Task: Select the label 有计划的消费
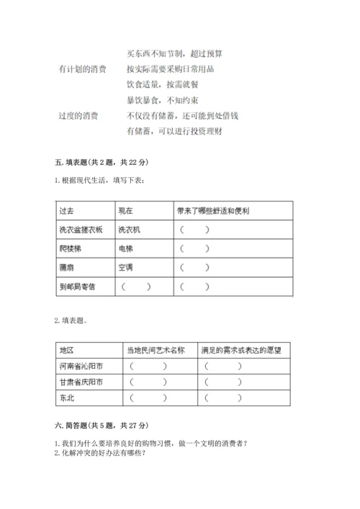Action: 82,69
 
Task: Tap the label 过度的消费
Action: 78,115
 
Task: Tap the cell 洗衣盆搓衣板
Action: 81,230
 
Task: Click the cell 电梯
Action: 125,248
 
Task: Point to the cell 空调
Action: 125,267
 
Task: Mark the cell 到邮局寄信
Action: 77,287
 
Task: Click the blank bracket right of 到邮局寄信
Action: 137,287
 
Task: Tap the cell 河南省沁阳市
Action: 81,366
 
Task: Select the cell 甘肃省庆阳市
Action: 81,382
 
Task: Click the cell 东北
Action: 67,397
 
